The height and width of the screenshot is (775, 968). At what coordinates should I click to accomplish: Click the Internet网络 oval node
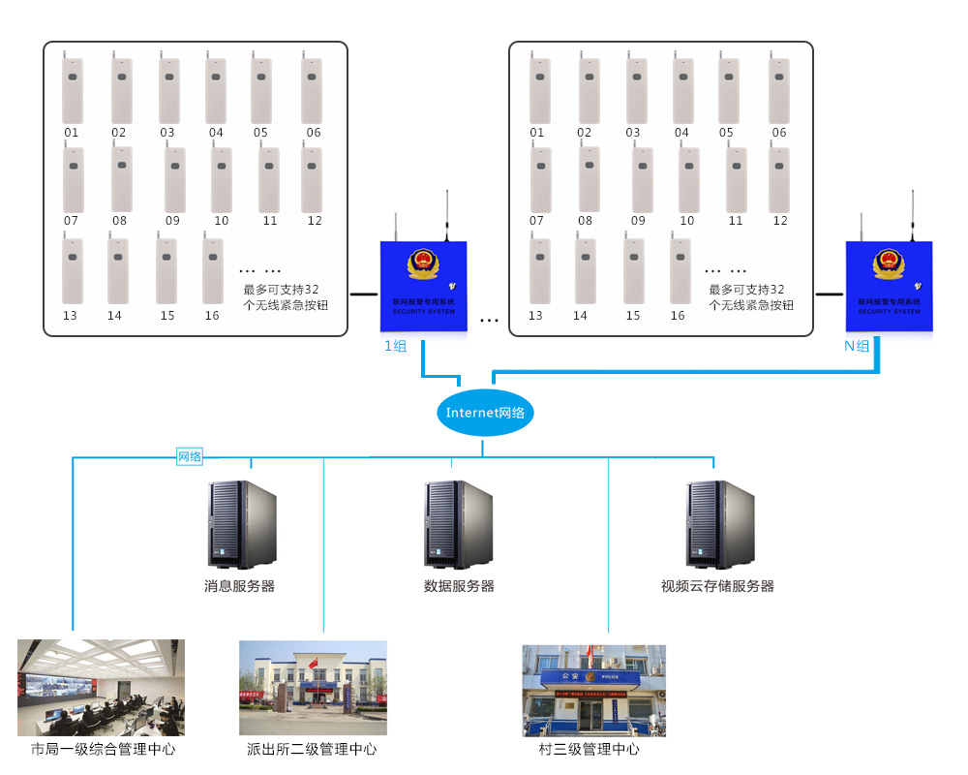click(485, 413)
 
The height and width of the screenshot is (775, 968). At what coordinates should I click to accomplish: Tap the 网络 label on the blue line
click(190, 456)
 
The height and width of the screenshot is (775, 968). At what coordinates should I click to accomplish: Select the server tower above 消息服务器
click(241, 524)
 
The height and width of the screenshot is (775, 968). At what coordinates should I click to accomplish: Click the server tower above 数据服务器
click(458, 524)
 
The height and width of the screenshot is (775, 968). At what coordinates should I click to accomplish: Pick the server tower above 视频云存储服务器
click(720, 524)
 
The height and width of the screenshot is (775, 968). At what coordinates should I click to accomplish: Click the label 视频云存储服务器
click(717, 586)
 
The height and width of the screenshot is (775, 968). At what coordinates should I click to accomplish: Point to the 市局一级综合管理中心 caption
click(104, 749)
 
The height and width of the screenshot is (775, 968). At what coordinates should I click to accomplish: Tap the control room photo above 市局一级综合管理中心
click(101, 687)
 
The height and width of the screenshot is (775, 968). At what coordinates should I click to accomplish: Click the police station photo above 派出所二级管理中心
click(313, 687)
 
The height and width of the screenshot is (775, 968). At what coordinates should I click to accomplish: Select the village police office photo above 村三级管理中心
click(594, 691)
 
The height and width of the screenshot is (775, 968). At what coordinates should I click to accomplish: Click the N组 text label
click(857, 346)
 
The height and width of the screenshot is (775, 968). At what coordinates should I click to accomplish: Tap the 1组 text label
click(396, 346)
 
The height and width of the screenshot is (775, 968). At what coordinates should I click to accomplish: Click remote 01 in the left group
click(73, 89)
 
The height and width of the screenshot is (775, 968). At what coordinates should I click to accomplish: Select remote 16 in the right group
click(681, 270)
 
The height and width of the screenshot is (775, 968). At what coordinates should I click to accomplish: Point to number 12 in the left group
click(315, 221)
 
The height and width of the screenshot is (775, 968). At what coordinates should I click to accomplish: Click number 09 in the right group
click(638, 221)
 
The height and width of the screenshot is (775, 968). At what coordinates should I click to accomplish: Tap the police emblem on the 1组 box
click(423, 263)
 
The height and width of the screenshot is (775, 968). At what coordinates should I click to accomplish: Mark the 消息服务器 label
click(239, 586)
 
